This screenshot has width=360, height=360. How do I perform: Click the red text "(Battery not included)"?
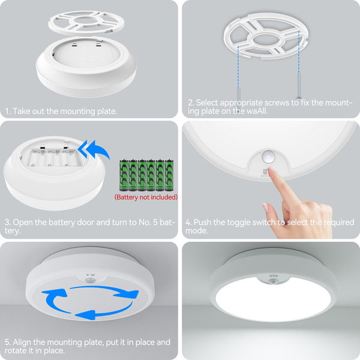coord(146,197)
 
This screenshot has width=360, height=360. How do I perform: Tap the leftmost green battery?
coord(124,175)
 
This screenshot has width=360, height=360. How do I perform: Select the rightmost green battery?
coord(169,175)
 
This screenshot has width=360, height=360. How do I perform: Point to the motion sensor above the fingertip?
coord(268,157)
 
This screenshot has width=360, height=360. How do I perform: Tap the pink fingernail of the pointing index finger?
coord(271,169)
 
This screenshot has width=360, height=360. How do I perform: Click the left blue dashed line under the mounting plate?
coord(238,69)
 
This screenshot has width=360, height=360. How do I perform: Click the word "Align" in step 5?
coord(22,343)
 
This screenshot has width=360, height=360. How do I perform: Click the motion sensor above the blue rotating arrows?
coord(89,280)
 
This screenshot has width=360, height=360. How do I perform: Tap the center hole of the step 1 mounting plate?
coord(86,20)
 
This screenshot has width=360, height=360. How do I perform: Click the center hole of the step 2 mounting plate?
coord(266,40)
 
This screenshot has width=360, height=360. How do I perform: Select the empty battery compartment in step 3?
coord(55,157)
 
